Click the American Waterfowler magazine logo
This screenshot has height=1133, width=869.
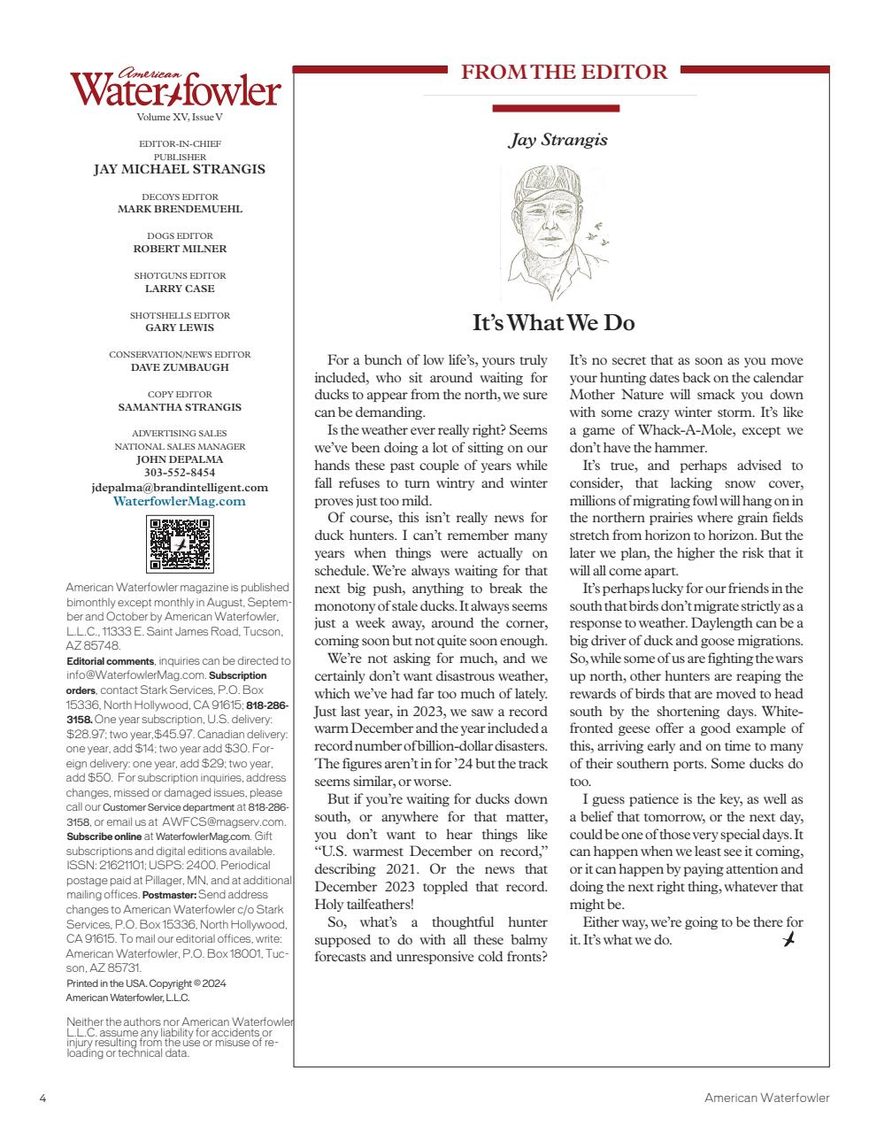click(175, 89)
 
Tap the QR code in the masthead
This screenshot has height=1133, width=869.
click(181, 543)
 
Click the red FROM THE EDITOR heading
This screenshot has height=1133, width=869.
click(565, 73)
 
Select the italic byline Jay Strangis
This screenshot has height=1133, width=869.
click(558, 140)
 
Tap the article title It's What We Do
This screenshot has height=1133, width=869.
click(553, 323)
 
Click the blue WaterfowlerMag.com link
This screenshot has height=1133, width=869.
click(180, 501)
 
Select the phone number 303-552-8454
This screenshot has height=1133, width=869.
click(180, 473)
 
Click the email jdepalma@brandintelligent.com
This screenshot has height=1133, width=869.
click(180, 487)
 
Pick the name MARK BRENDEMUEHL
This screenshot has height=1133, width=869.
click(180, 210)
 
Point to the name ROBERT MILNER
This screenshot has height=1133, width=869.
click(180, 249)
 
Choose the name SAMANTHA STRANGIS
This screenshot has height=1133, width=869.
click(180, 407)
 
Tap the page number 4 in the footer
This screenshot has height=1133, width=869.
click(42, 1098)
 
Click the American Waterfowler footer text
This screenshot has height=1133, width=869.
click(766, 1098)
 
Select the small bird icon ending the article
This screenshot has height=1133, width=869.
click(789, 938)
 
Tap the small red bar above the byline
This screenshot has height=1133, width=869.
click(556, 109)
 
